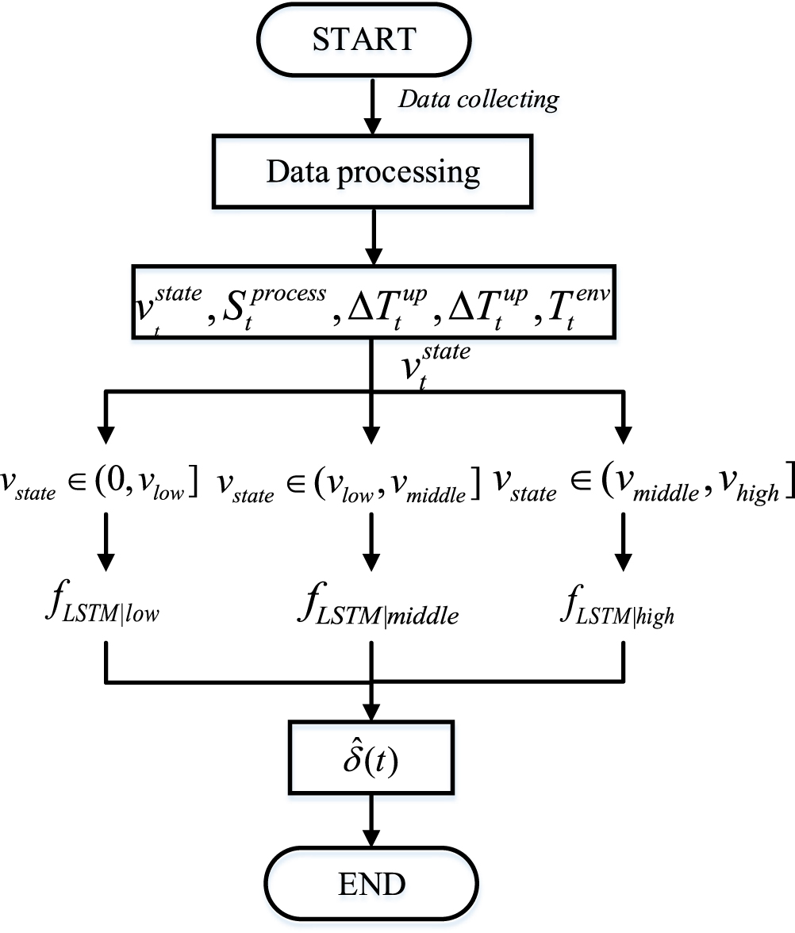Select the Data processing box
point(372,171)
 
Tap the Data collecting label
point(478,99)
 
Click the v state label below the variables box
point(432,364)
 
